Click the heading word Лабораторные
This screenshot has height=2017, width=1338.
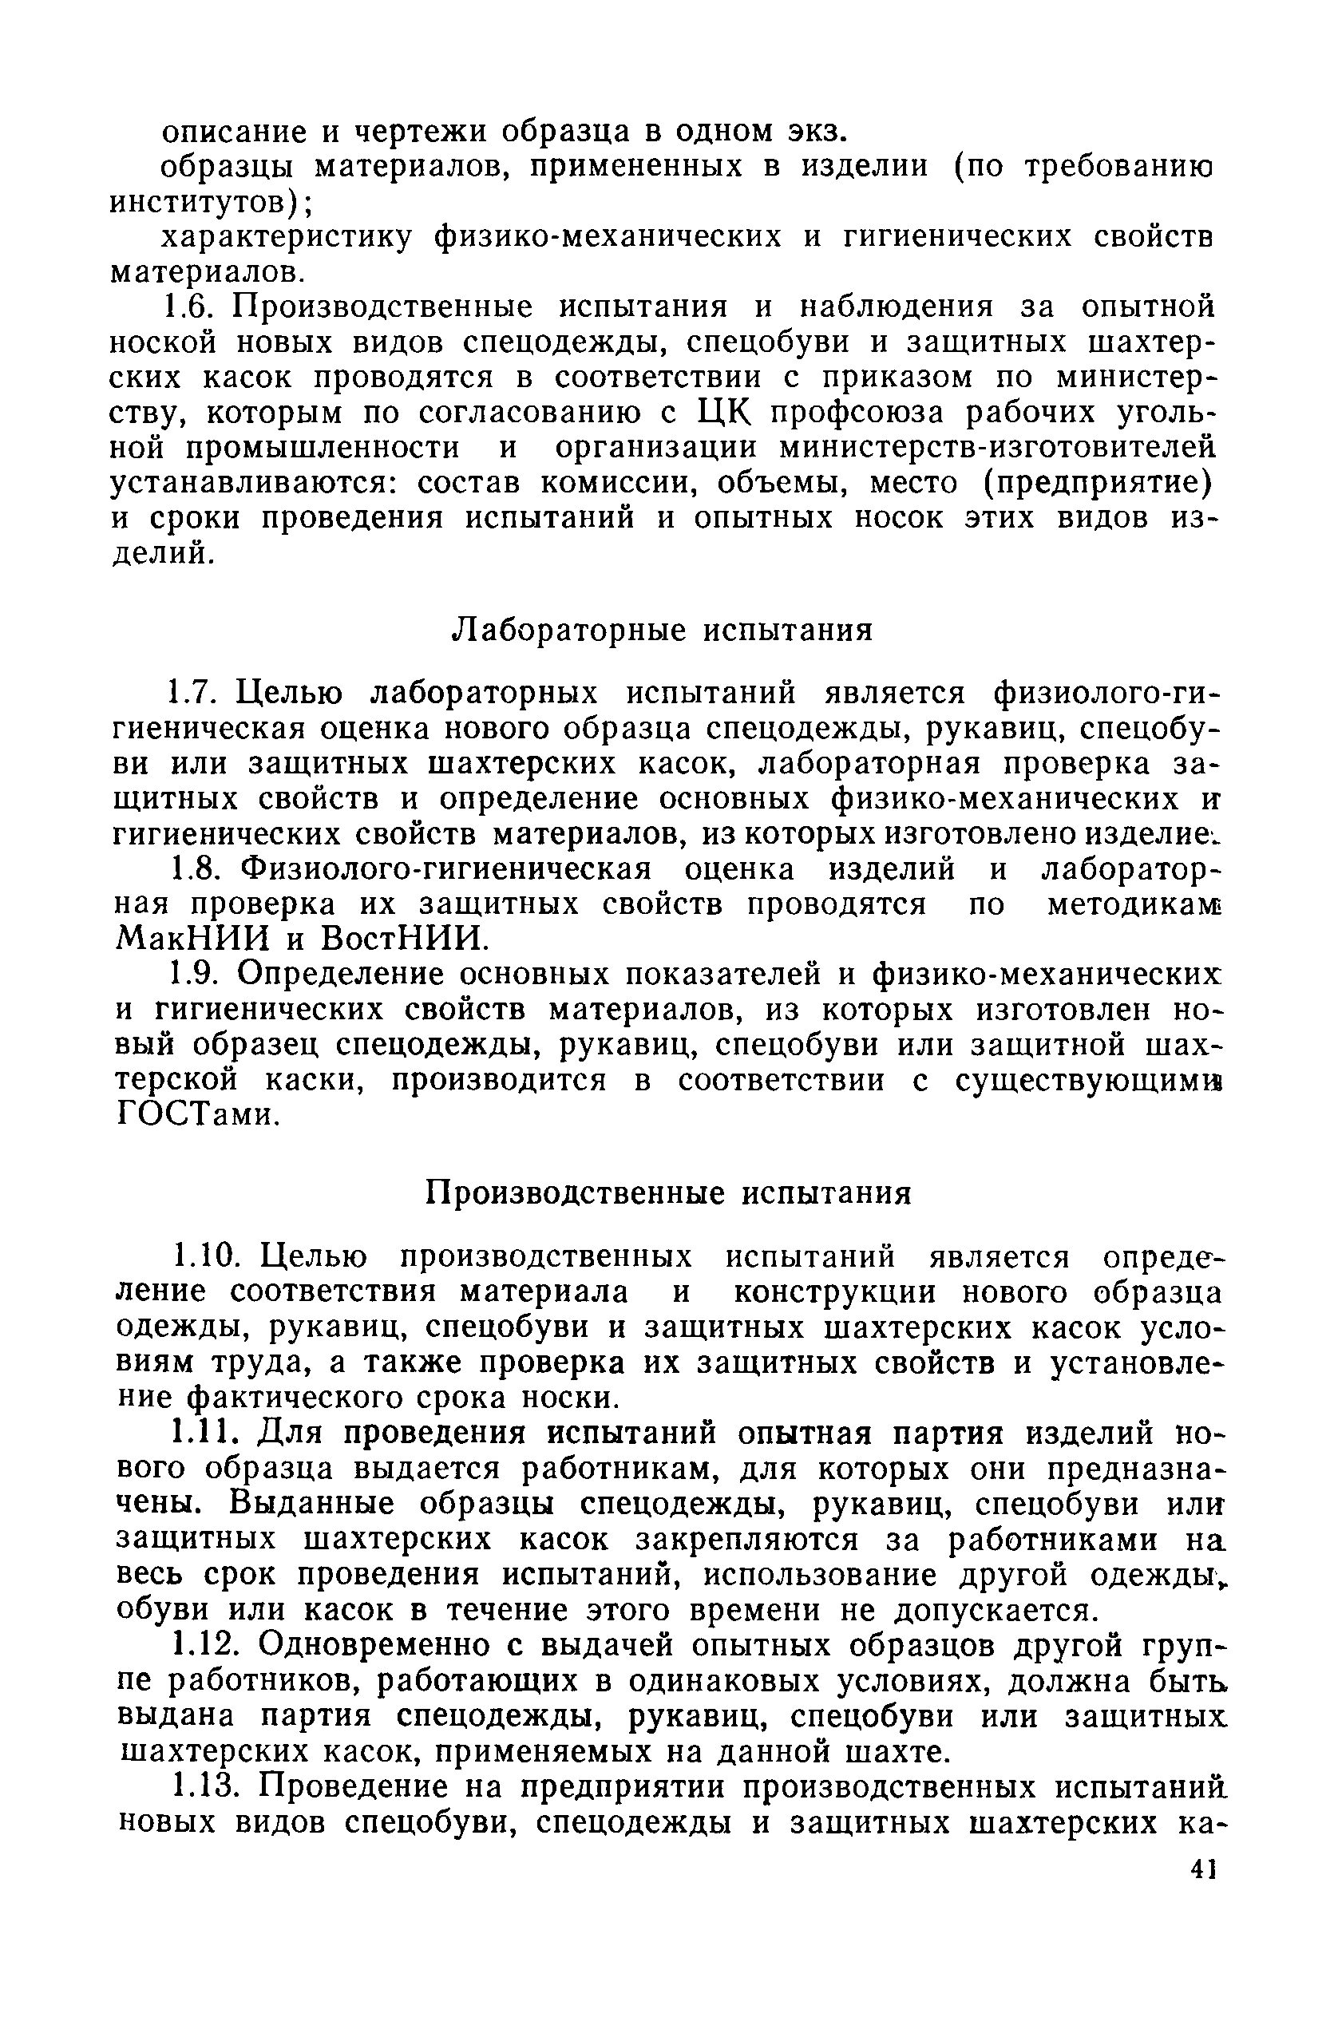click(568, 631)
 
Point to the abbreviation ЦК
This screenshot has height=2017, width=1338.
click(721, 413)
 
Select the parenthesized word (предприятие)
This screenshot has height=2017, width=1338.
click(1097, 484)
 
